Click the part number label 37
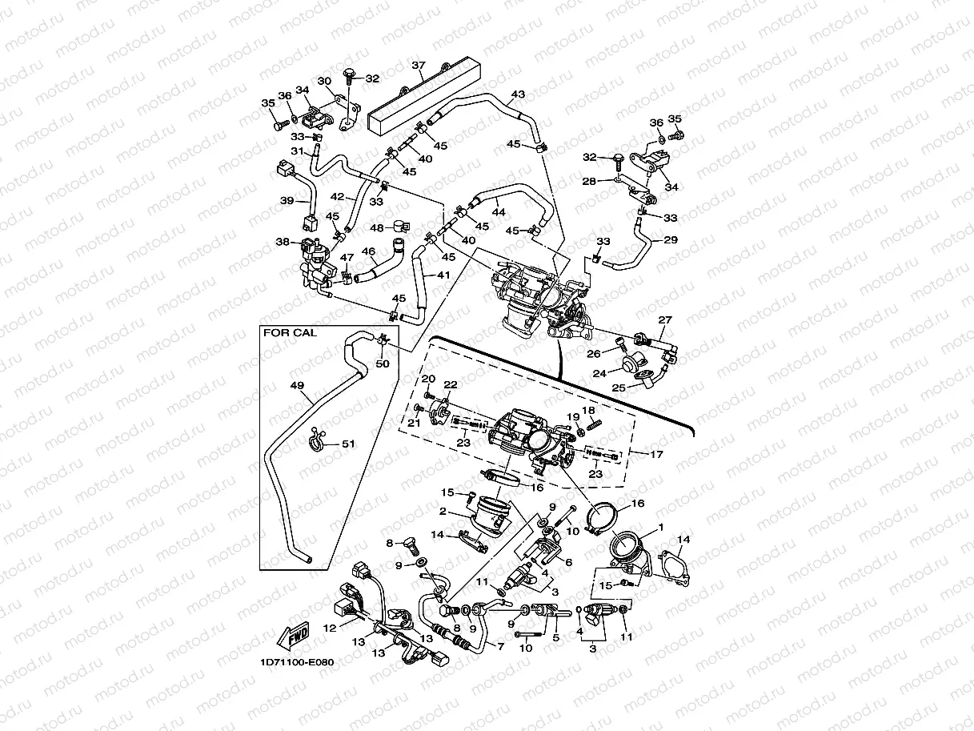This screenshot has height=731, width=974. (x=418, y=65)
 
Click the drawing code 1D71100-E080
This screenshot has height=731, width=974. (x=296, y=662)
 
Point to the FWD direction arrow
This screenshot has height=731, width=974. (x=291, y=633)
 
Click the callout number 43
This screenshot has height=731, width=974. (x=518, y=94)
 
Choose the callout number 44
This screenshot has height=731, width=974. (x=499, y=212)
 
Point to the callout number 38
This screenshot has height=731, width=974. (x=283, y=241)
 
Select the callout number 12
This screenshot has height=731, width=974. (x=329, y=629)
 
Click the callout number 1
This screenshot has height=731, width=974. (x=661, y=528)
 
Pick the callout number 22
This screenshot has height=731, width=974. (x=450, y=385)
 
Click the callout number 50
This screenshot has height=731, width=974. (x=383, y=364)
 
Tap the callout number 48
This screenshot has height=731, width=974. (x=376, y=227)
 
